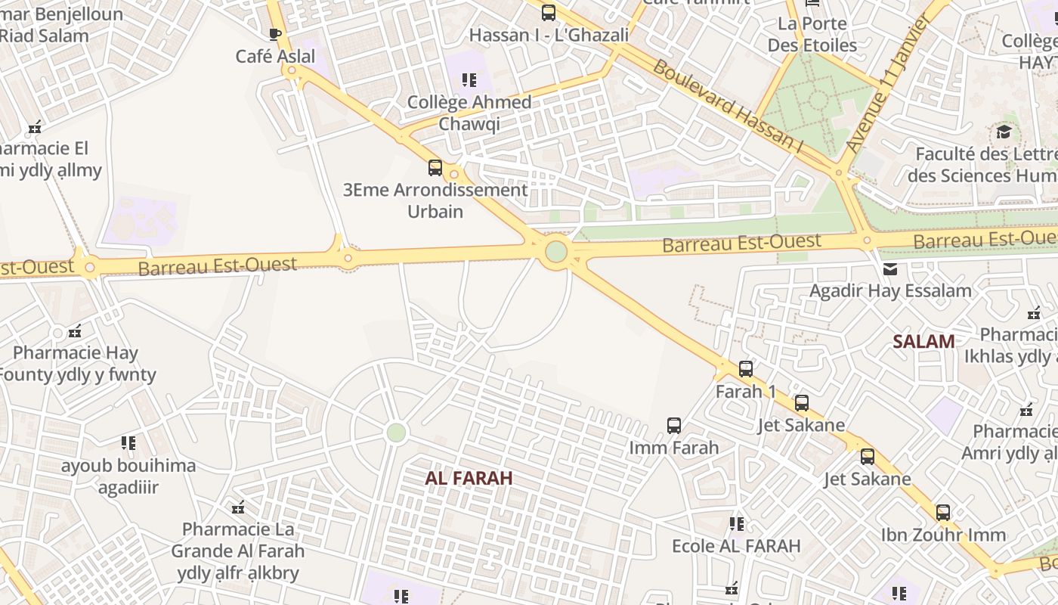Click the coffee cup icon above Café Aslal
275,34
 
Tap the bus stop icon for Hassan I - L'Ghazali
549,13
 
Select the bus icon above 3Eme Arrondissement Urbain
435,168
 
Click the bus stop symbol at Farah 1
746,369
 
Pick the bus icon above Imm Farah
674,426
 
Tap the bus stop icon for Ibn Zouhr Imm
943,513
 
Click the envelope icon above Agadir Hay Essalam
890,269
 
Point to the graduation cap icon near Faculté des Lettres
1004,132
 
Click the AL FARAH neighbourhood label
469,478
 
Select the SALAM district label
923,341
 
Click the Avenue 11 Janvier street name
887,83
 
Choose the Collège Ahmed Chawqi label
469,113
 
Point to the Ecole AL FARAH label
736,545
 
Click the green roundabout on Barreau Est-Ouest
556,251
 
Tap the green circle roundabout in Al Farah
396,433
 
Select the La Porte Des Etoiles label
812,34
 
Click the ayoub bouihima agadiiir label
128,476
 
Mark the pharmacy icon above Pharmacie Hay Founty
75,331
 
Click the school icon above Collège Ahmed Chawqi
469,79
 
